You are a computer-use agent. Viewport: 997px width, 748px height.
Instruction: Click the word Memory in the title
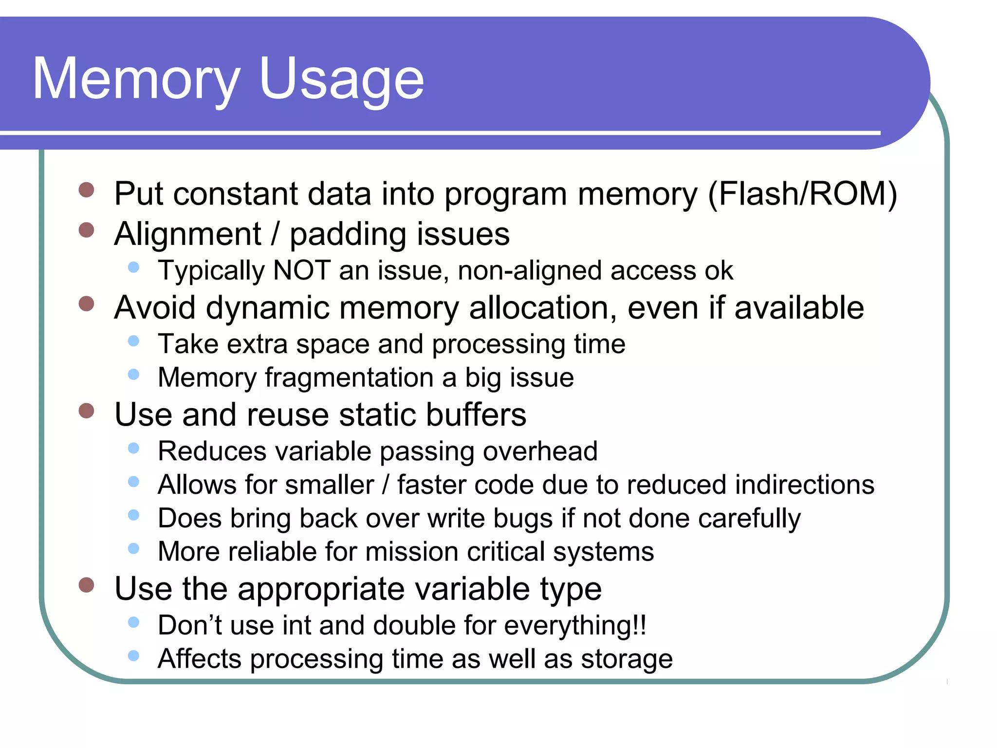click(136, 79)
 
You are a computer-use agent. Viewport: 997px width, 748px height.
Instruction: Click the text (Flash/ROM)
click(802, 194)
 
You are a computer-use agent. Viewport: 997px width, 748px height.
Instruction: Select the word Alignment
click(188, 234)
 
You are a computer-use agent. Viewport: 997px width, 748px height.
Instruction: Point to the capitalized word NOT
click(302, 270)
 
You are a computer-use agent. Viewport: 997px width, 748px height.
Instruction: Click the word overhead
click(540, 451)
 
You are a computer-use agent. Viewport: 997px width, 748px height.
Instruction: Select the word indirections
click(804, 485)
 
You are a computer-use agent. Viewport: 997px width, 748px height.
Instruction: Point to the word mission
click(412, 552)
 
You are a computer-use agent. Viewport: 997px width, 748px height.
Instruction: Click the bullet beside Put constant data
click(86, 190)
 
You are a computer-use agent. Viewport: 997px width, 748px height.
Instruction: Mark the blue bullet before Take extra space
click(133, 341)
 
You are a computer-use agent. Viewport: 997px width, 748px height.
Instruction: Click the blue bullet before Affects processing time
click(133, 655)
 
